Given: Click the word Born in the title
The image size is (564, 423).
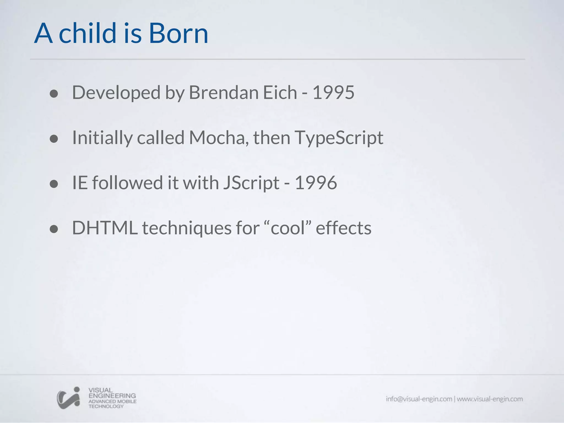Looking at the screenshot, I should pos(178,34).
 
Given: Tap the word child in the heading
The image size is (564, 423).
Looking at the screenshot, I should pos(87,34).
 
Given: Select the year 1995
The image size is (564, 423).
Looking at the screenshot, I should pos(333,93).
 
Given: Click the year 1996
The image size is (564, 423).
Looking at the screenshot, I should pos(316,183).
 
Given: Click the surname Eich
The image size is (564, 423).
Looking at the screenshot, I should pos(280,93).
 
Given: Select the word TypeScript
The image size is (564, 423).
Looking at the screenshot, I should pos(339,138).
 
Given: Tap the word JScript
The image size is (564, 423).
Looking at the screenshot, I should pos(251,183).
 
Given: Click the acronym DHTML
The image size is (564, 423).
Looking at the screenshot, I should pos(105,228).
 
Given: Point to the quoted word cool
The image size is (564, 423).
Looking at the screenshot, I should pos(288,228).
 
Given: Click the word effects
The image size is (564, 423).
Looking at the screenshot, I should pos(343,228).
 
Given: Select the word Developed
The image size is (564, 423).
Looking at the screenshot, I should pos(116,93).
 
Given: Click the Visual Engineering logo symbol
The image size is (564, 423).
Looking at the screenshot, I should pos(69,398).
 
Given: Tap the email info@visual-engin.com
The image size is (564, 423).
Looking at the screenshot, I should pos(419,399).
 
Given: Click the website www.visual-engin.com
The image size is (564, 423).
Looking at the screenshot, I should pos(490,399).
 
